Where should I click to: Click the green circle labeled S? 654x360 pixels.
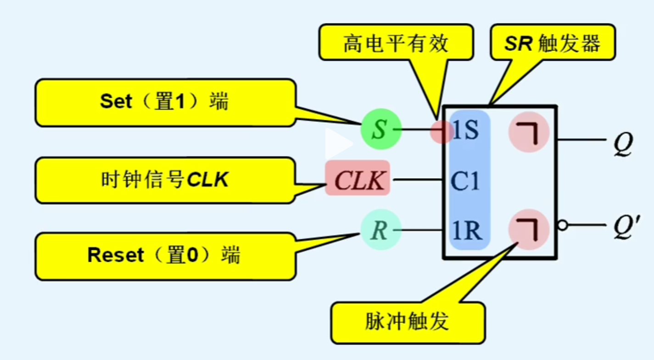coord(380,129)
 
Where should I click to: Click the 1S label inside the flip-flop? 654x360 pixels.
coord(466,130)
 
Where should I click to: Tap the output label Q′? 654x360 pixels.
coord(624,226)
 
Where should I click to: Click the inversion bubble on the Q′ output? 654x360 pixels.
coord(563,225)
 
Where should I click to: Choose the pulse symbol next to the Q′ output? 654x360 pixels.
coord(529,229)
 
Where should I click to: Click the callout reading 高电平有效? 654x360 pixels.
coord(395,44)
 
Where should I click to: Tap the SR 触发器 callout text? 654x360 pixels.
coord(552,44)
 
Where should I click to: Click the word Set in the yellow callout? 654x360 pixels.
coord(116,101)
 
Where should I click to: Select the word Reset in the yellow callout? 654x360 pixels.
coord(116,255)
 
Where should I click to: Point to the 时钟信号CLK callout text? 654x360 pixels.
coord(164,180)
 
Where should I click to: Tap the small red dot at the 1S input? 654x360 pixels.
coord(440,131)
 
